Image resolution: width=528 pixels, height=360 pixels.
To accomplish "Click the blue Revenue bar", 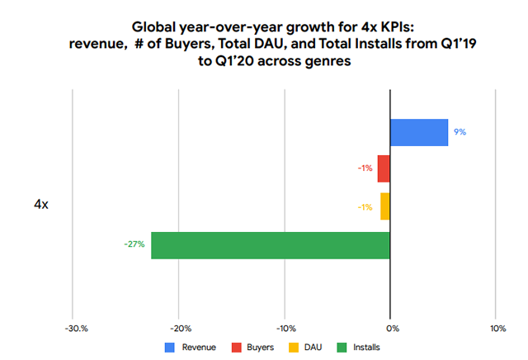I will coord(419,132).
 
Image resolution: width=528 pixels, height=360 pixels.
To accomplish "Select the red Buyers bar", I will coord(384,168).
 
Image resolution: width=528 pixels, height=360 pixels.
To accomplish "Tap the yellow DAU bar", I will coord(385,206).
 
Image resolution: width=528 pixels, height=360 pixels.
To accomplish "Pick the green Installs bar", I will coord(270,244).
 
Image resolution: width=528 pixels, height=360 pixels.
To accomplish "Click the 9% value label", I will coord(460,131).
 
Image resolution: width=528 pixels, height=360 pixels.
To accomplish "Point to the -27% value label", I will coord(134,244).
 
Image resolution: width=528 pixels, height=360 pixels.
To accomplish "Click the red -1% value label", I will coord(365,168).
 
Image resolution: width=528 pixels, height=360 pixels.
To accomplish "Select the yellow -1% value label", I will coord(365,206).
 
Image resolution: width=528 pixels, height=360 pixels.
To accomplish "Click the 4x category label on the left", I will coord(40,204).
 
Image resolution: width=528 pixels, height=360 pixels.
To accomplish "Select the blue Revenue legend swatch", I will coord(170,348).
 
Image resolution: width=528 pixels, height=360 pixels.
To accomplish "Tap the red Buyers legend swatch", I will coord(236,348).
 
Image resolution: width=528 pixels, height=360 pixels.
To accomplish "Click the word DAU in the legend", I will coord(313,348).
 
